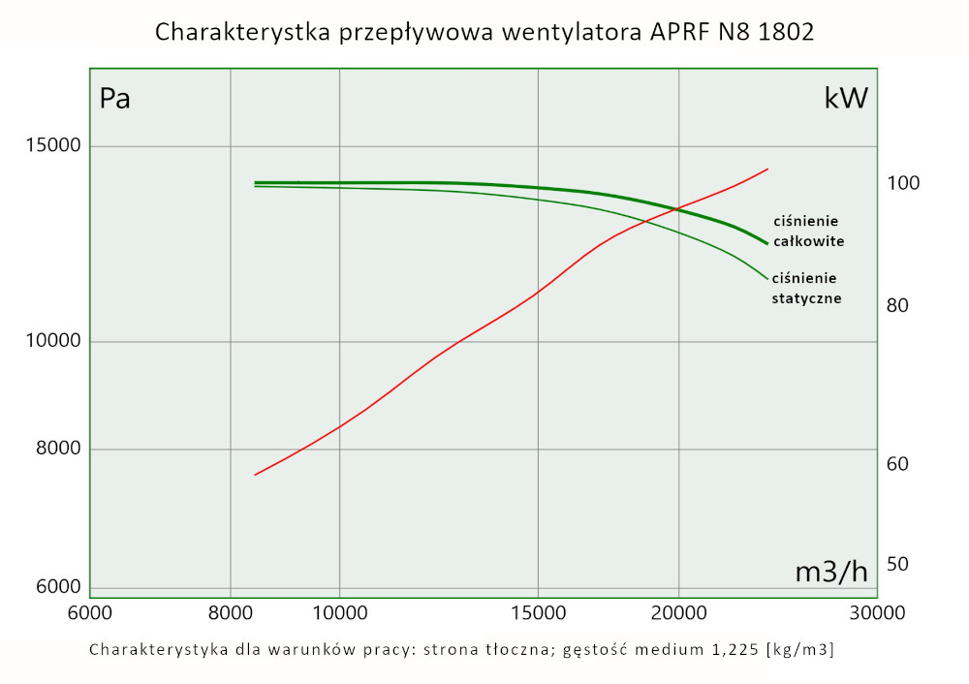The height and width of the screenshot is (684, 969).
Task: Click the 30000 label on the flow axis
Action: pyautogui.click(x=877, y=613)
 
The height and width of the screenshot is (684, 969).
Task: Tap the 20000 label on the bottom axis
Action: pyautogui.click(x=678, y=613)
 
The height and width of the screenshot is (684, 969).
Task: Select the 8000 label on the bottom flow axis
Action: pyautogui.click(x=231, y=613)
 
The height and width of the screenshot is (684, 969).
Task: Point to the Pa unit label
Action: pyautogui.click(x=115, y=98)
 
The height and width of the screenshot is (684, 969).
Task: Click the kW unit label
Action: pyautogui.click(x=846, y=98)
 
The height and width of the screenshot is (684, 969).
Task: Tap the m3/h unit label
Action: pyautogui.click(x=831, y=572)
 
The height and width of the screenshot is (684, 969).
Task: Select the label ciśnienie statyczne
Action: pyautogui.click(x=806, y=289)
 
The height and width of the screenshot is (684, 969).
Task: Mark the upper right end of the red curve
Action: pyautogui.click(x=767, y=169)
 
